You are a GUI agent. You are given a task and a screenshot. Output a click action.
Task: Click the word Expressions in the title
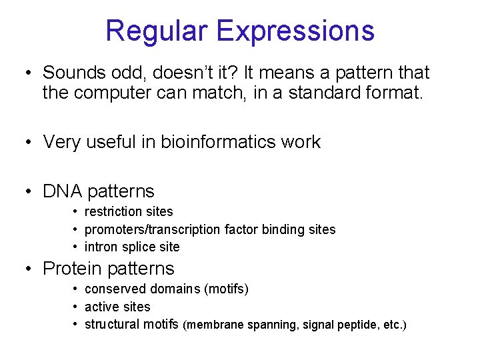pyautogui.click(x=295, y=31)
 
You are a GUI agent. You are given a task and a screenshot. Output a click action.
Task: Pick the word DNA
pyautogui.click(x=62, y=191)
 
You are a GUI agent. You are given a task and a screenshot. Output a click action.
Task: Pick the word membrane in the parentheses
pyautogui.click(x=215, y=325)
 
